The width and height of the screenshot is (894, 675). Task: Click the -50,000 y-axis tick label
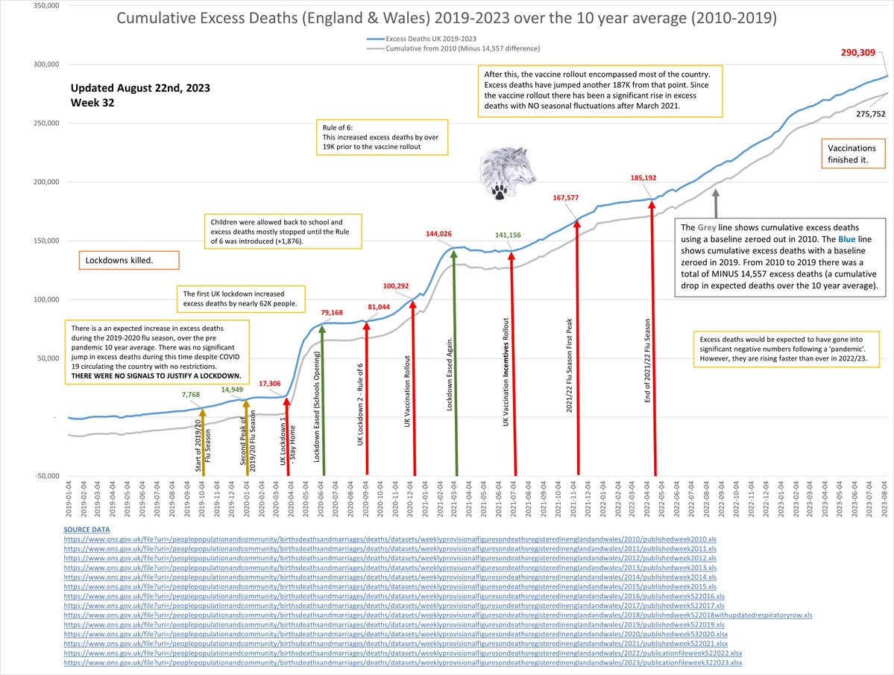pyautogui.click(x=41, y=475)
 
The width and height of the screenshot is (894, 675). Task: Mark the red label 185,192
pyautogui.click(x=647, y=179)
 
